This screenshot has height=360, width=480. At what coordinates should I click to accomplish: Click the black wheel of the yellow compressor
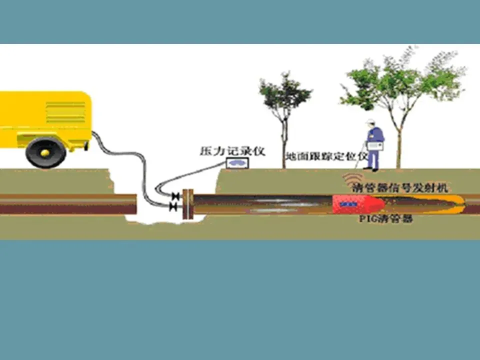(x=46, y=151)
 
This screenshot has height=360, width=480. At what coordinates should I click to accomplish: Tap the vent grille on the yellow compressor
(x=65, y=112)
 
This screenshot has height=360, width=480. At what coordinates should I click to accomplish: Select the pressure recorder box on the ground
(x=237, y=162)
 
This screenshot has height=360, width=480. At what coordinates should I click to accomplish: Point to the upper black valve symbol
(x=174, y=196)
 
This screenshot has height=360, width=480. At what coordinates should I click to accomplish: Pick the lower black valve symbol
(x=173, y=206)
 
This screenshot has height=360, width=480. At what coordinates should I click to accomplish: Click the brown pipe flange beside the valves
(x=187, y=204)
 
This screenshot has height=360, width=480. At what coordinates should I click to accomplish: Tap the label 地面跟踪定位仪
(x=325, y=155)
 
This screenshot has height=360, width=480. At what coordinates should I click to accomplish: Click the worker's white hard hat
(x=369, y=121)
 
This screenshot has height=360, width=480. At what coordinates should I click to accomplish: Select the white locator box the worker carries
(x=375, y=146)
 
